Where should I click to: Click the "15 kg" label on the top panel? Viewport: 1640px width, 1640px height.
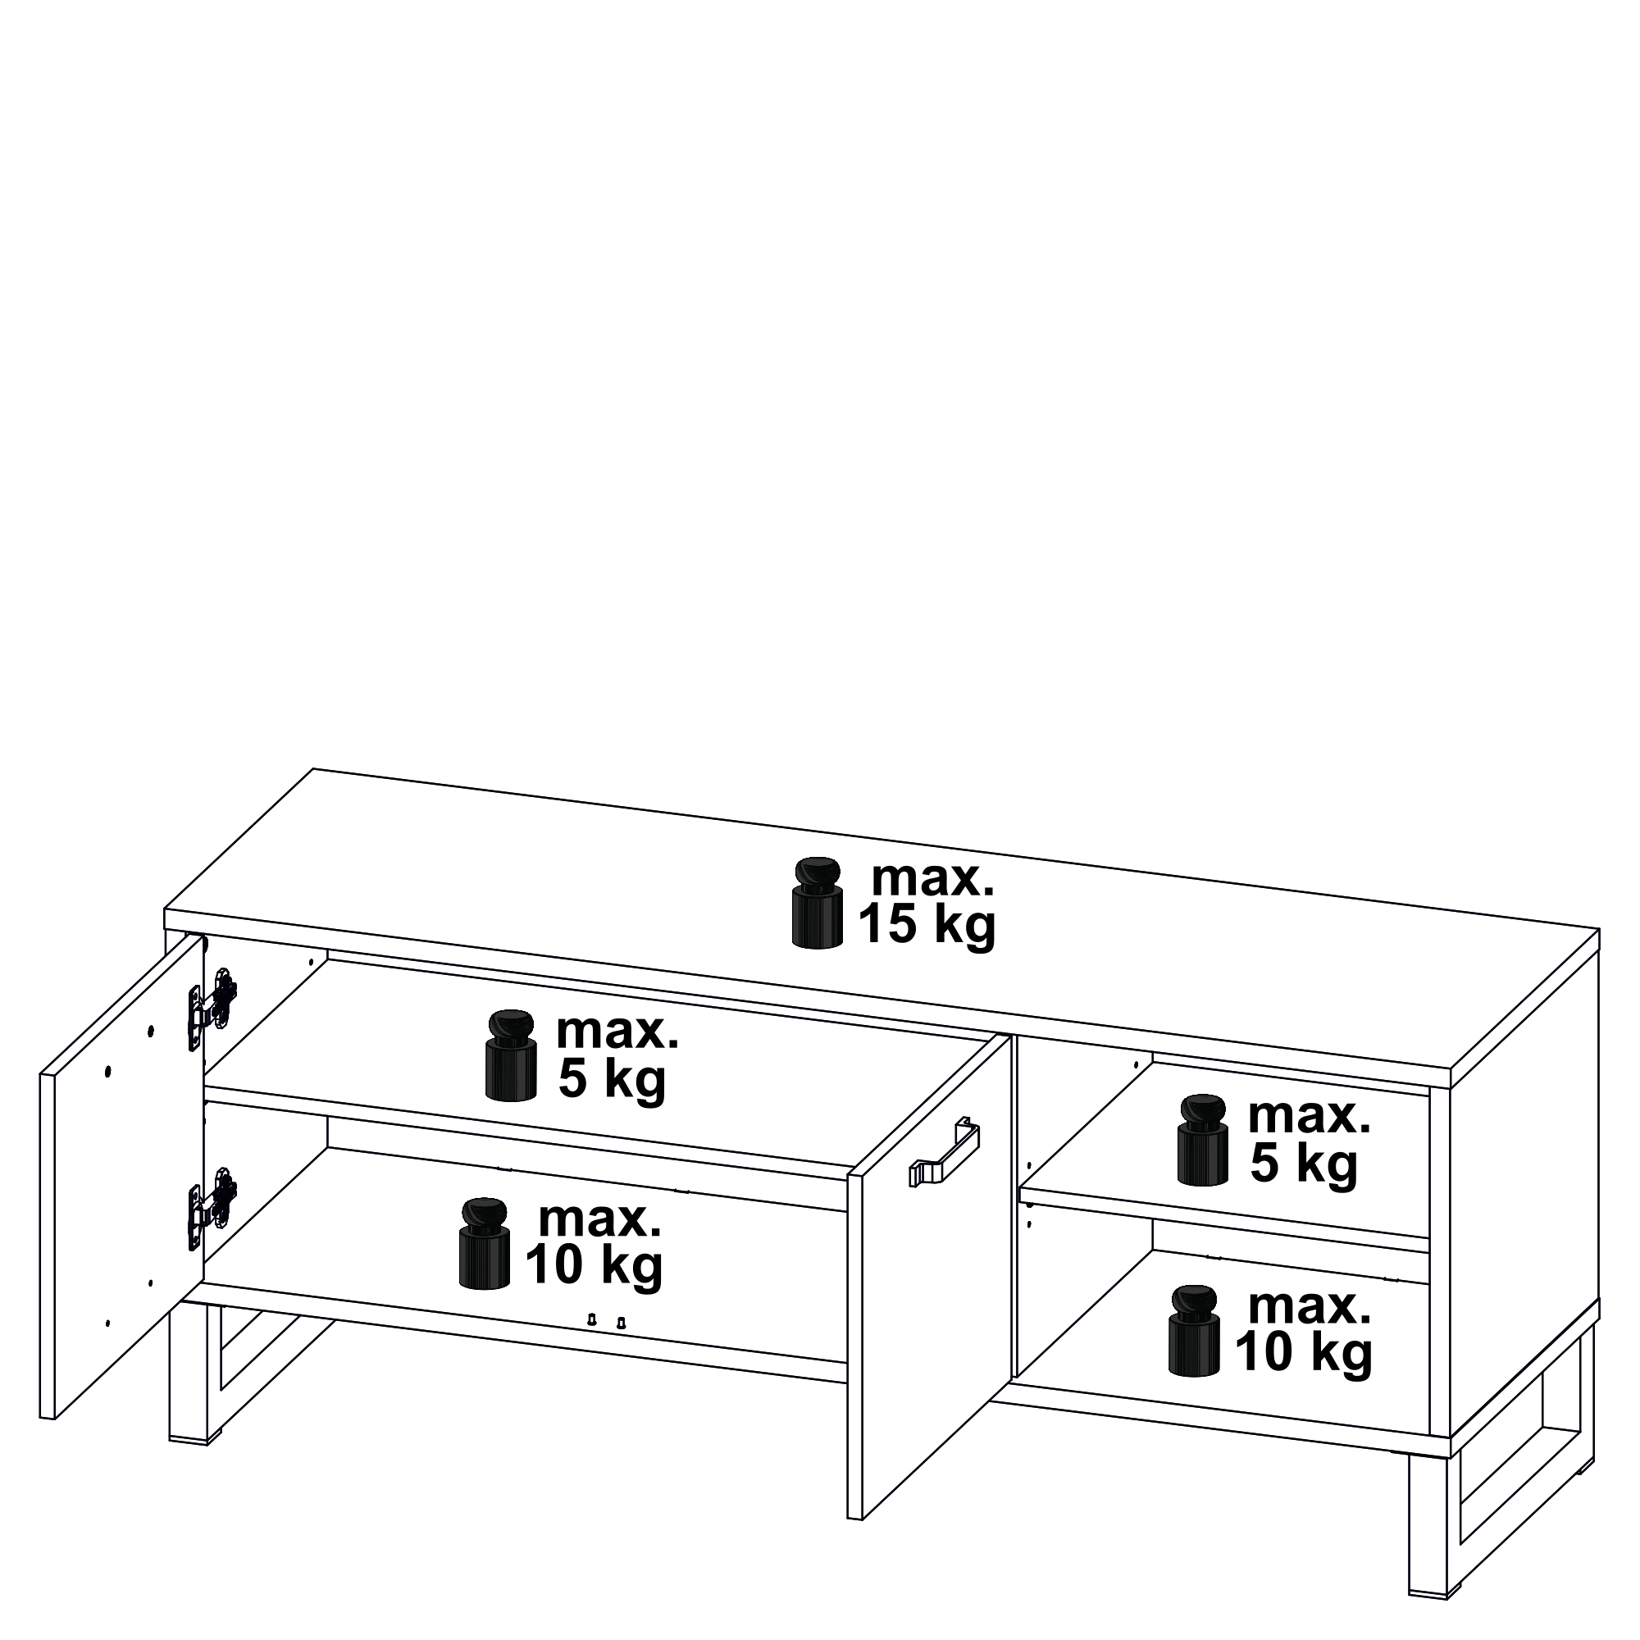(927, 925)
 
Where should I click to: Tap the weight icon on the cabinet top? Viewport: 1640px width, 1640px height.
(818, 902)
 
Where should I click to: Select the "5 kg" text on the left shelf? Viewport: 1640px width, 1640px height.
(612, 1079)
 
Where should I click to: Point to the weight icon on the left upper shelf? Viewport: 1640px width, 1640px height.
(511, 1055)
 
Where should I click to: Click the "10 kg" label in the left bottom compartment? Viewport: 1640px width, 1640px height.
(594, 1265)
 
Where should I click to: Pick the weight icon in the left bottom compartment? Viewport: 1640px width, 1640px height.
(484, 1241)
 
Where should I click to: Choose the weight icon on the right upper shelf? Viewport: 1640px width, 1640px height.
(1203, 1140)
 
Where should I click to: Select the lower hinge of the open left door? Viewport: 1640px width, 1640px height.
(212, 1206)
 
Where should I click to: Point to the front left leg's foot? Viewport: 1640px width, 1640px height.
(195, 1440)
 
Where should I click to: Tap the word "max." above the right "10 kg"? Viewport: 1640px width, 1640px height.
(1309, 1308)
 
